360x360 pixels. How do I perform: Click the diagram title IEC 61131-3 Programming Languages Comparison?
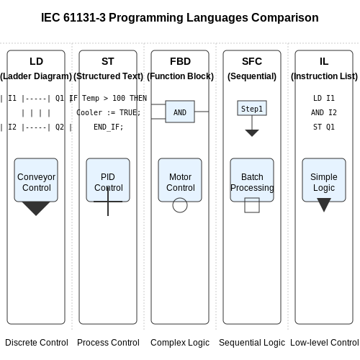coord(180,17)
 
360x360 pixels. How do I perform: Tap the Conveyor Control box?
coord(36,180)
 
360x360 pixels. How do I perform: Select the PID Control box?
coord(108,180)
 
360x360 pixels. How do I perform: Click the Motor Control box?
coord(180,180)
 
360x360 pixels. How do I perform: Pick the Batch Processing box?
coord(252,180)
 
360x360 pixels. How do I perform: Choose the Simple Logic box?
coord(324,180)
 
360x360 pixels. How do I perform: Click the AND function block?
coord(180,112)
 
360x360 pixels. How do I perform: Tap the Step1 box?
coord(252,108)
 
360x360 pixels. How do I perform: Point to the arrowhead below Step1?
coord(252,133)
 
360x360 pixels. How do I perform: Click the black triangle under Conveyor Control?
coord(36,207)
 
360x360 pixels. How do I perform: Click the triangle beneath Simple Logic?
coord(324,204)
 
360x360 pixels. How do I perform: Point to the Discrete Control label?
coord(37,343)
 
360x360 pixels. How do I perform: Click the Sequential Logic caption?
coord(252,343)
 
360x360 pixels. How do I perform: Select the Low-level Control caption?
coord(325,343)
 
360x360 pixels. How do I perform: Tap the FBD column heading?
coord(180,61)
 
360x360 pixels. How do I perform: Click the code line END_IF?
coord(108,127)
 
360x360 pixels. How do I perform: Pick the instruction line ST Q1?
coord(324,127)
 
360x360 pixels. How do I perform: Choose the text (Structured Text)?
coord(108,76)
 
